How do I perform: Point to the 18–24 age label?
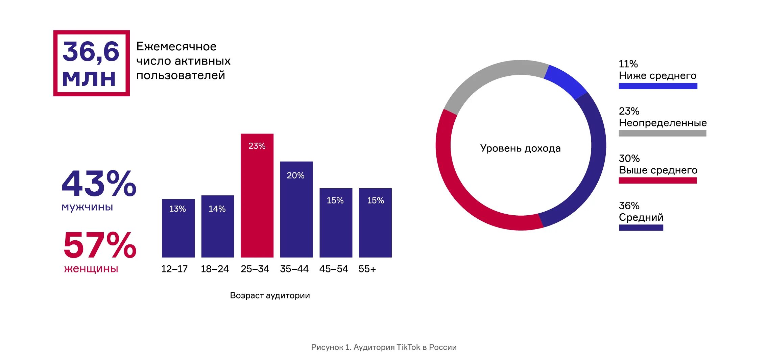coord(215,269)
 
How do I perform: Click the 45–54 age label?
coord(333,269)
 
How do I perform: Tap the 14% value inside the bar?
coord(217,209)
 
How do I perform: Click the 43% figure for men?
coord(99,184)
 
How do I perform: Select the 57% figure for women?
coord(100,245)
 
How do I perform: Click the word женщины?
coord(91,269)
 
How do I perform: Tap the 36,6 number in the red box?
coord(91,52)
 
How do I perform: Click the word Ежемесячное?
coord(176,47)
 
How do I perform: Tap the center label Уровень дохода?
coord(520,148)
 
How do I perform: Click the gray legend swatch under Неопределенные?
coord(662,134)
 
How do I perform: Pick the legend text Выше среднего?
coord(658,170)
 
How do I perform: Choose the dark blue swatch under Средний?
coord(641,228)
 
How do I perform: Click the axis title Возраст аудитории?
coord(270,295)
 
